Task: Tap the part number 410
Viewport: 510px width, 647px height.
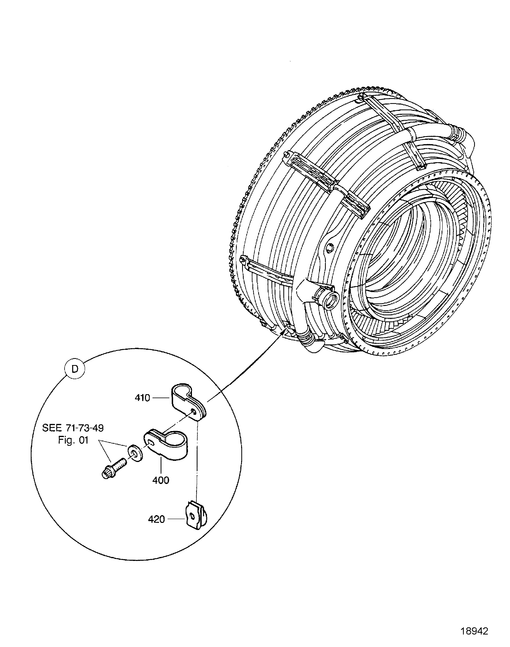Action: [x=142, y=398]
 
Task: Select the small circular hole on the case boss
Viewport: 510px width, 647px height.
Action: [x=330, y=247]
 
